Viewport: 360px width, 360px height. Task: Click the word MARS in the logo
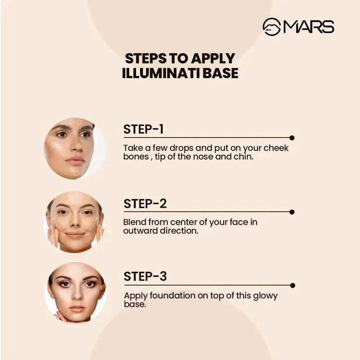pyautogui.click(x=309, y=27)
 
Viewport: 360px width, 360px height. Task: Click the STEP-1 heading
pyautogui.click(x=143, y=129)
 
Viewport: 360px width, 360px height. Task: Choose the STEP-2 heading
pyautogui.click(x=145, y=204)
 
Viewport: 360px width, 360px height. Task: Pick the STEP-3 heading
pyautogui.click(x=145, y=276)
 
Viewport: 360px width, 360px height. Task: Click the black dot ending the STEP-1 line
pyautogui.click(x=292, y=138)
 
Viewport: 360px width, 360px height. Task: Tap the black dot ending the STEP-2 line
pyautogui.click(x=292, y=212)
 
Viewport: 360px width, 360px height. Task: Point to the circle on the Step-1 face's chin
pyautogui.click(x=76, y=173)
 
